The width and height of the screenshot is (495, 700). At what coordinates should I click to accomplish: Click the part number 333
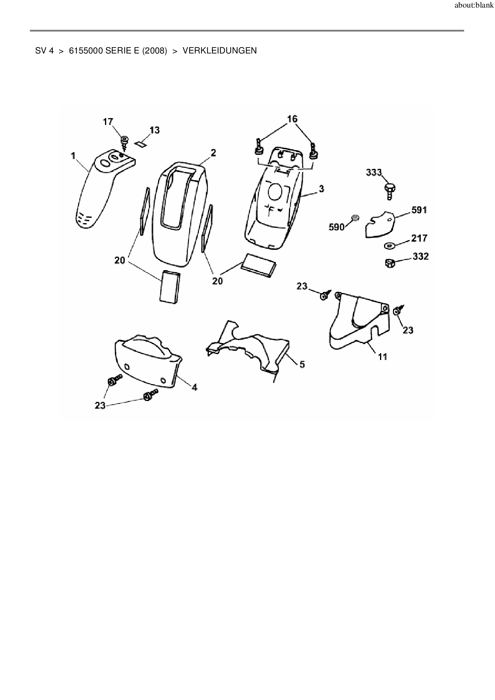[x=374, y=172]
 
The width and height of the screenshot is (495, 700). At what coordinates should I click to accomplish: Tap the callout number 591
[x=419, y=210]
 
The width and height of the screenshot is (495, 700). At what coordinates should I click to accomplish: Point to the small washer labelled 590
[x=354, y=218]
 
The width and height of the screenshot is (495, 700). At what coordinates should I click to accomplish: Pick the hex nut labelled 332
[x=390, y=263]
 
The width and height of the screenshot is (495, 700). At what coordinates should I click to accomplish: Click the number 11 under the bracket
[x=382, y=356]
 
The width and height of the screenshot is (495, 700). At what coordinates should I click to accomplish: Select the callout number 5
[x=302, y=364]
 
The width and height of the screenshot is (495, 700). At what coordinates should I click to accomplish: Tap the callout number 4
[x=194, y=387]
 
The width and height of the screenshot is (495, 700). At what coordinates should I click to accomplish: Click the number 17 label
[x=108, y=122]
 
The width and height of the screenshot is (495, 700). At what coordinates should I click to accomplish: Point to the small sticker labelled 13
[x=141, y=144]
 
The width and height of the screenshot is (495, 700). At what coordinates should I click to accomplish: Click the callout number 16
[x=292, y=119]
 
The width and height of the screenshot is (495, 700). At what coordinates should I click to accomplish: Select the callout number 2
[x=214, y=152]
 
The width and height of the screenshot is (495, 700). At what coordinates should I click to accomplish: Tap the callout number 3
[x=321, y=188]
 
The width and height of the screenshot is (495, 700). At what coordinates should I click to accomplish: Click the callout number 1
[x=73, y=156]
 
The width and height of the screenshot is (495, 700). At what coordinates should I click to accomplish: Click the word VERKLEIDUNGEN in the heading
[x=220, y=51]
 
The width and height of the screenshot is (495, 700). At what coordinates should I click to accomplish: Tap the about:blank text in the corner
[x=474, y=6]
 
